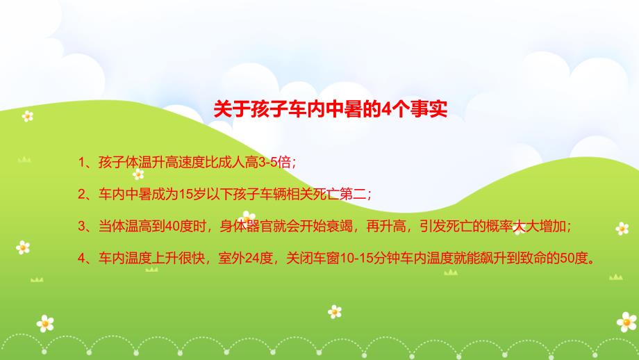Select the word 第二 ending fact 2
[x=353, y=195]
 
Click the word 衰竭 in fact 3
[x=340, y=227]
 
